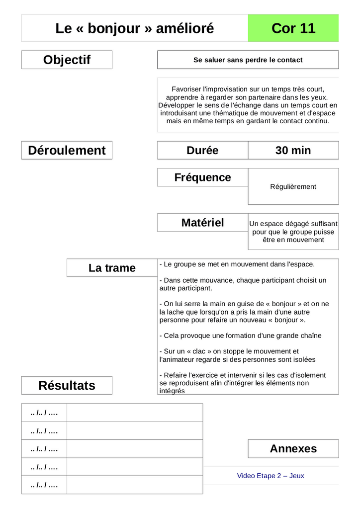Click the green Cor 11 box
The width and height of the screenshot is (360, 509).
293,28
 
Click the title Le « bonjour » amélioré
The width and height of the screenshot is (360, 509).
135,28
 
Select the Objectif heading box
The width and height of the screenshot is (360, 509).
67,60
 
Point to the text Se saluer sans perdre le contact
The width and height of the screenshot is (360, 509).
248,60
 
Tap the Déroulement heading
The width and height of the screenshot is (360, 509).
67,150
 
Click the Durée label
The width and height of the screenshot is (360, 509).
202,150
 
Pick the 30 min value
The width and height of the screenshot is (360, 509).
293,150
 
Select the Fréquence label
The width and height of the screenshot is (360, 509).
202,177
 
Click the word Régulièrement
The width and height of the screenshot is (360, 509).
293,187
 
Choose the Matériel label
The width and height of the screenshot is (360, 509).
202,223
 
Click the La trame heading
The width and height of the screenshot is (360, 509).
112,268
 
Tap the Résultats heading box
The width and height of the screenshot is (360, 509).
67,385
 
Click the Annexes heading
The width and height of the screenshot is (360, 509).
293,448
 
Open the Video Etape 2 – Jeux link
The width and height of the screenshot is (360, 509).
270,476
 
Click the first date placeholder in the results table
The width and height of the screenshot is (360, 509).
44,413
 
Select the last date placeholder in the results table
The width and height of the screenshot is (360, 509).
44,485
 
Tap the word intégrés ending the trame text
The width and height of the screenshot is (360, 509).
172,391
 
